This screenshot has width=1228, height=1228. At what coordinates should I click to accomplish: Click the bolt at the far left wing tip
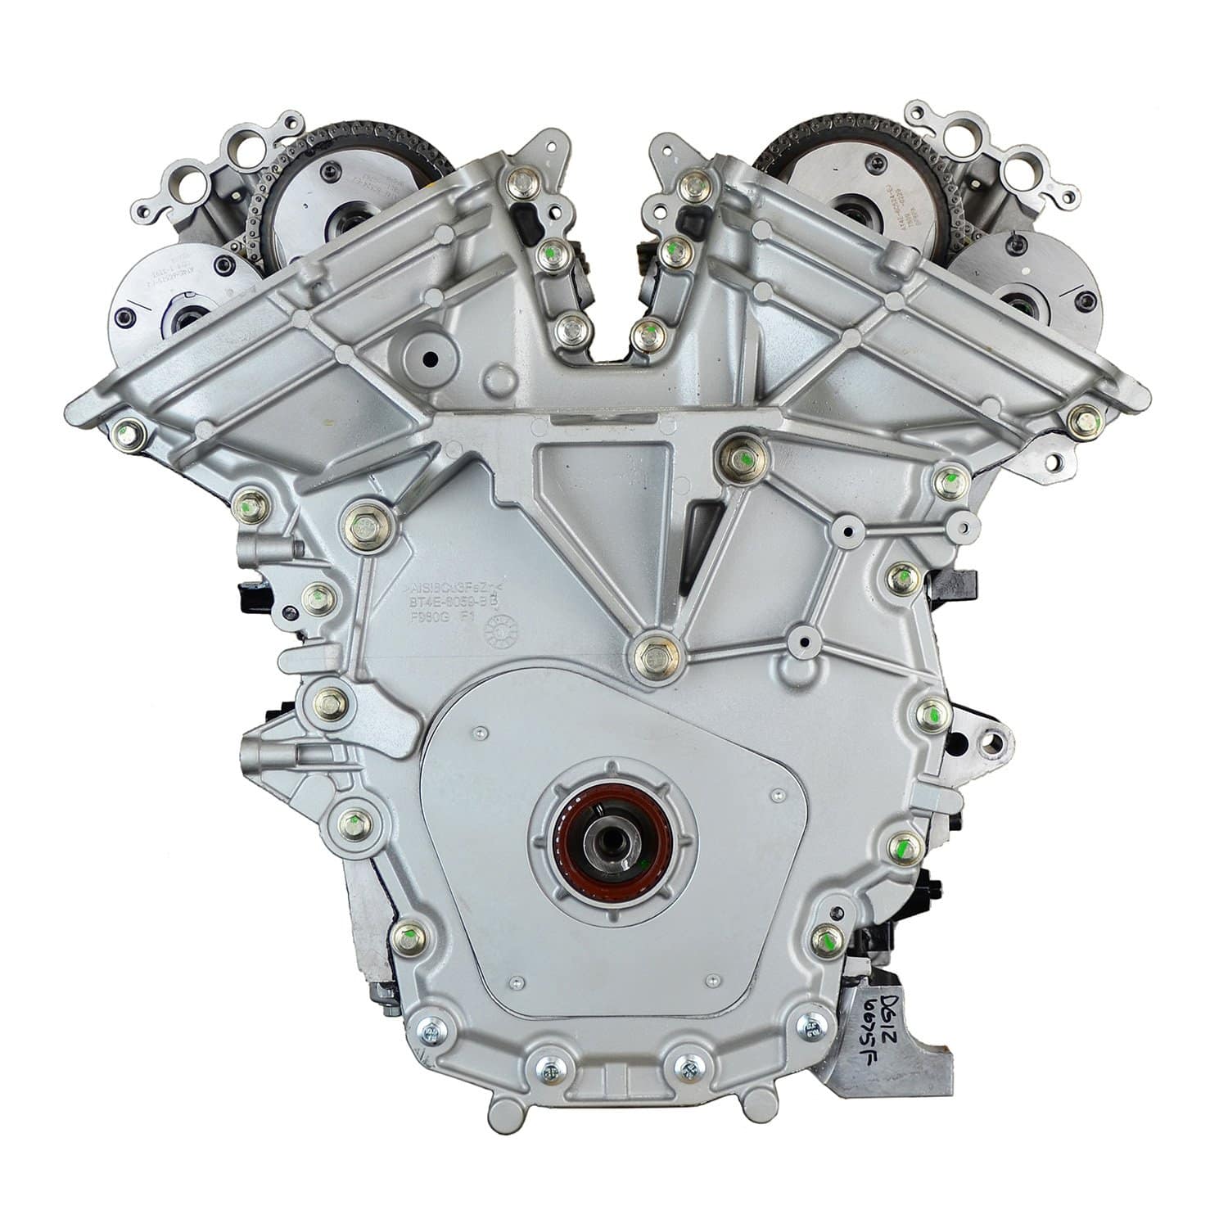128,428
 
